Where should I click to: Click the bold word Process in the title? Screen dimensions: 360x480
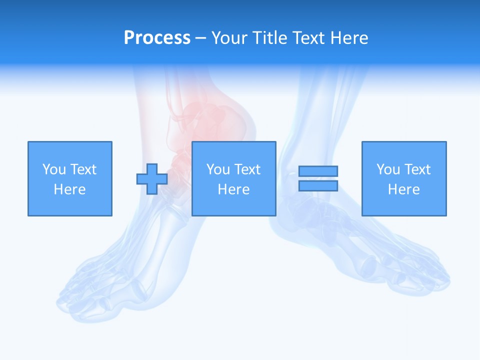(157, 38)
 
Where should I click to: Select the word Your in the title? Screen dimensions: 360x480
(230, 38)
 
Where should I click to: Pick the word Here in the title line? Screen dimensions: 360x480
(349, 38)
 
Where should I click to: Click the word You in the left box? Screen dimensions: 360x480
(53, 169)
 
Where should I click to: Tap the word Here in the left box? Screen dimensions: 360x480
(69, 189)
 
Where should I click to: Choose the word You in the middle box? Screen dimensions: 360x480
(218, 169)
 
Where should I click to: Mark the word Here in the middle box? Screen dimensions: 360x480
(233, 189)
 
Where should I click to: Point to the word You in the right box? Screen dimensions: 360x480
(388, 169)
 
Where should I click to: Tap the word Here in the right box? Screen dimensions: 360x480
(403, 189)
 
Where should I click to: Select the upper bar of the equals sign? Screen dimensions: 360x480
(318, 171)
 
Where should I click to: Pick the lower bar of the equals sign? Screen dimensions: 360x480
(318, 186)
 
